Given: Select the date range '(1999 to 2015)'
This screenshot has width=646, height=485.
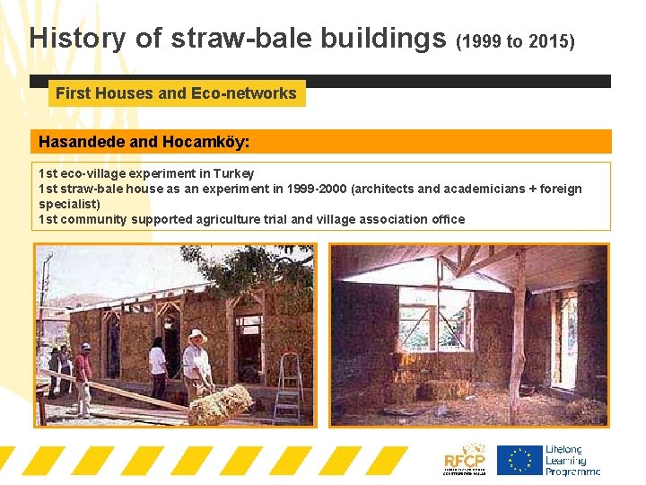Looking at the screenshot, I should (516, 40).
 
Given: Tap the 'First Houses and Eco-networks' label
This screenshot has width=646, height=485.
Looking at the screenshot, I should (176, 93).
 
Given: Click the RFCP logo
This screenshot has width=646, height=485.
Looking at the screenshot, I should (465, 459).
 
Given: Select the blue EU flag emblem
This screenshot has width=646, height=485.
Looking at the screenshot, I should (519, 460).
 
